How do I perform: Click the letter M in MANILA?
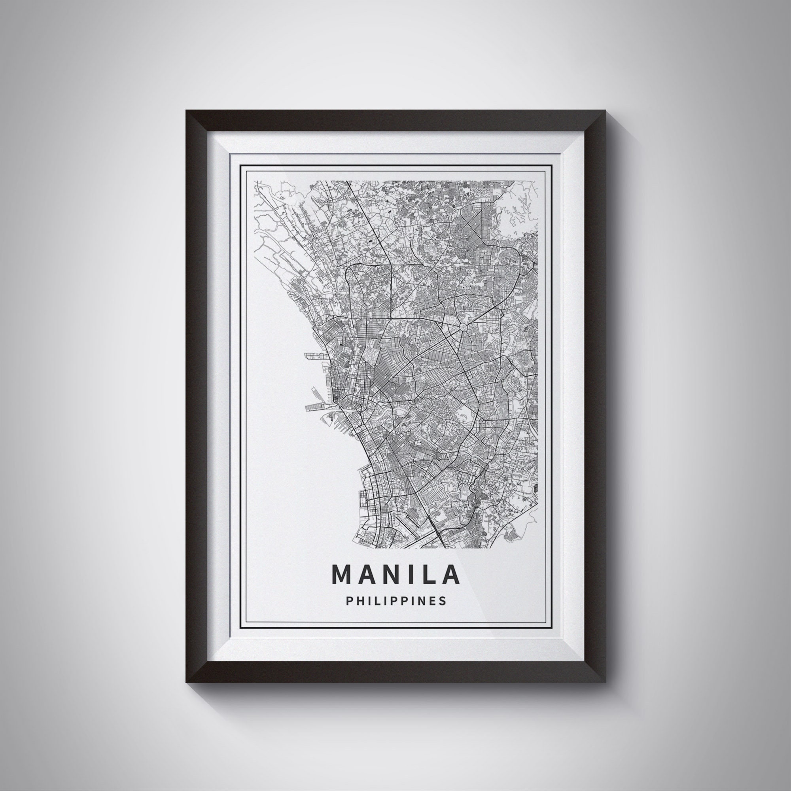[x=341, y=574]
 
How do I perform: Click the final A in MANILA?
[x=450, y=574]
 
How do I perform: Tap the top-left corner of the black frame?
[x=186, y=111]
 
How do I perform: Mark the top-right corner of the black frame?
[x=605, y=111]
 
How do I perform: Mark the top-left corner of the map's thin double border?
[x=241, y=165]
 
